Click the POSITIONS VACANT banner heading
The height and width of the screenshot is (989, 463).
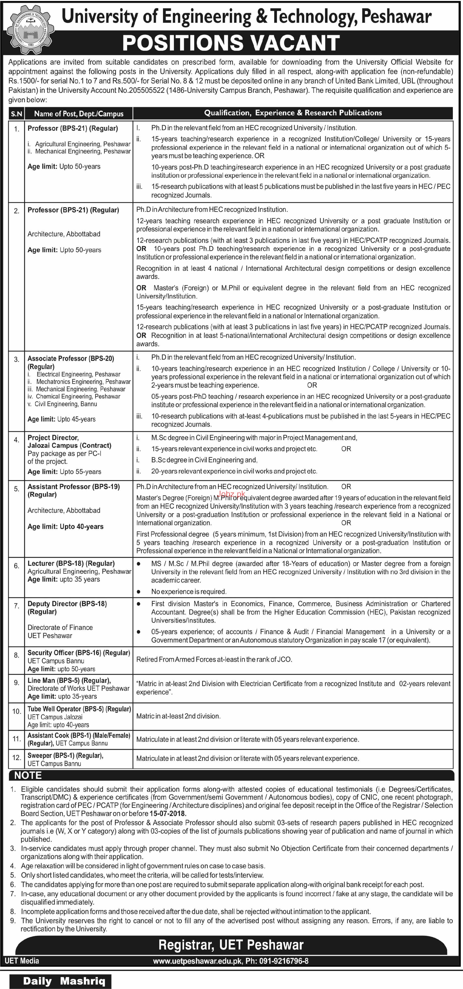click(x=231, y=43)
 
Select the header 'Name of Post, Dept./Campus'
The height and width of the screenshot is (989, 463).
click(x=79, y=114)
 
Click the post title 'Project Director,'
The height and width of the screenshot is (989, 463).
click(x=53, y=438)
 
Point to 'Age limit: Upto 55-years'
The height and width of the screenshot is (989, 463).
click(x=64, y=471)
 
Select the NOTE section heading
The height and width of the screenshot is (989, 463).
click(x=28, y=775)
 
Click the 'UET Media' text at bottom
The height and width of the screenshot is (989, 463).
click(x=22, y=961)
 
